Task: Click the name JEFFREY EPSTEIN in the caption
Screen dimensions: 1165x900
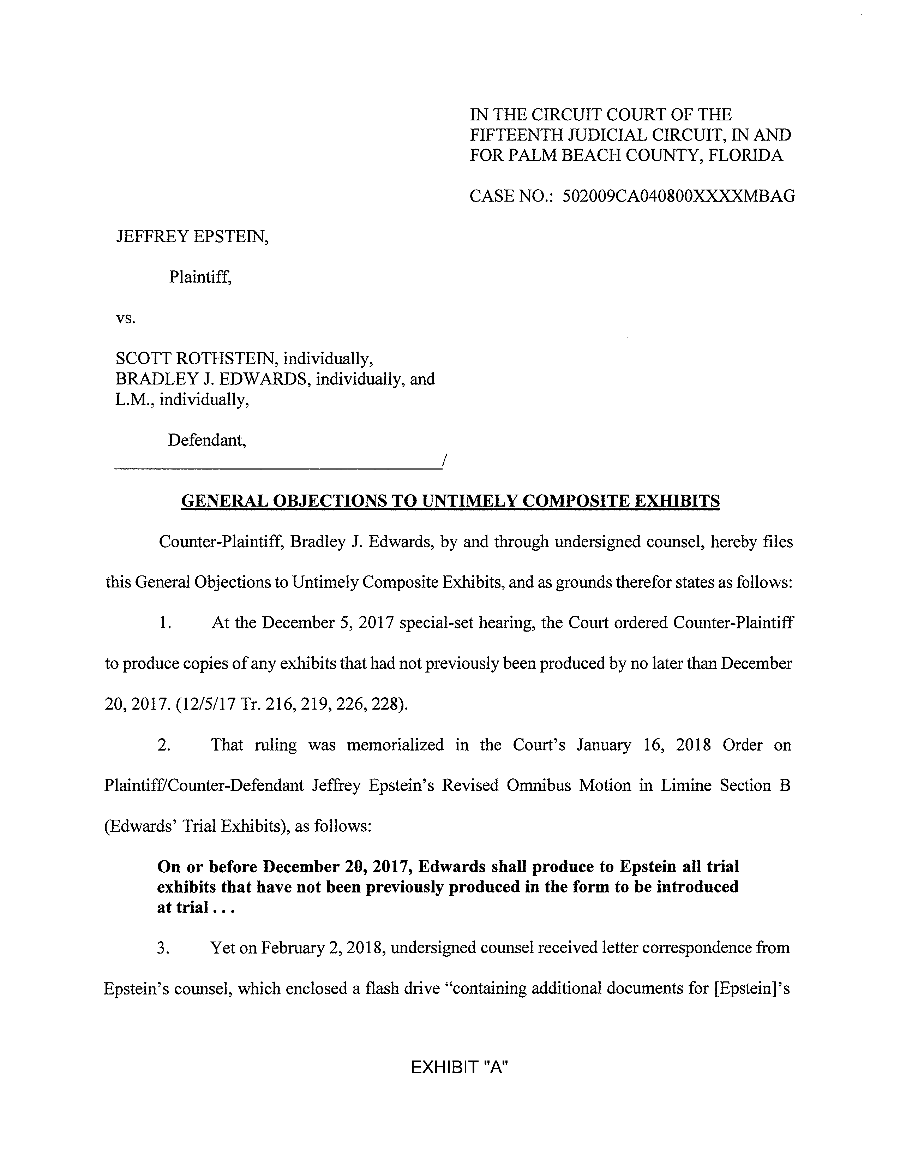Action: (192, 236)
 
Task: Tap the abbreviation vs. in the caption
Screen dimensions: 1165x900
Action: (126, 318)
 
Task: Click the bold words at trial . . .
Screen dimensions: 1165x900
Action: (182, 907)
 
